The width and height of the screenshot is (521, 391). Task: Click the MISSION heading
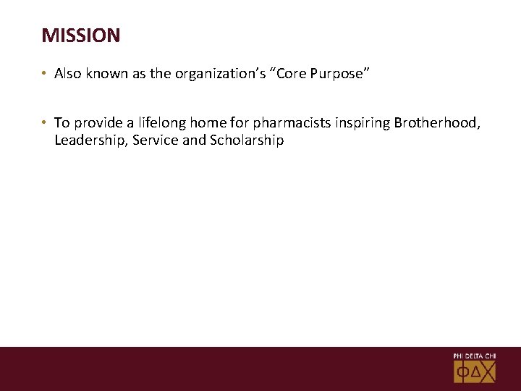(x=81, y=35)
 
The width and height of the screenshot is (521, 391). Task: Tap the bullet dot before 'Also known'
(x=45, y=74)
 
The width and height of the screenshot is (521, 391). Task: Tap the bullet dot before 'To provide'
(x=45, y=124)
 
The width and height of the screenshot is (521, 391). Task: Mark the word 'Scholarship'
(x=247, y=140)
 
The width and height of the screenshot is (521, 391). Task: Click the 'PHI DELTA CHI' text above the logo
(x=475, y=356)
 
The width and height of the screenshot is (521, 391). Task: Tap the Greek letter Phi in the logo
(x=463, y=372)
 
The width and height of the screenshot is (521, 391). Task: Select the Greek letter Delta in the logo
(x=475, y=372)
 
